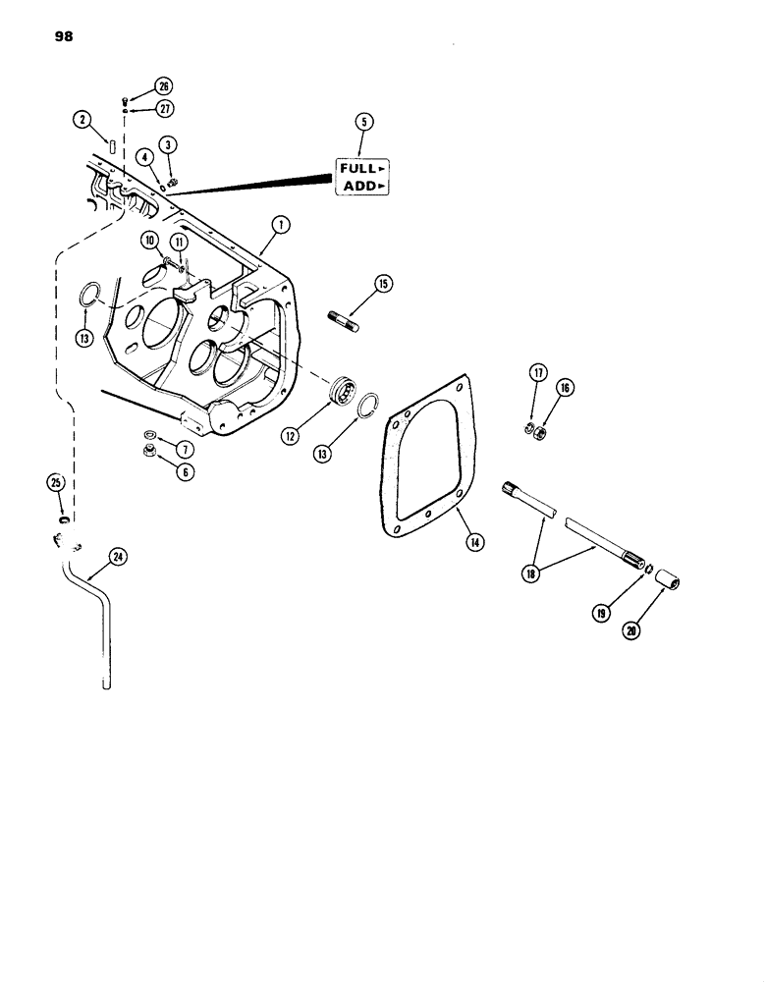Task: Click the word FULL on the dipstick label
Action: [x=359, y=168]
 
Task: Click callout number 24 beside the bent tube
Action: [x=119, y=558]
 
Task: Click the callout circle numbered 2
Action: [x=82, y=120]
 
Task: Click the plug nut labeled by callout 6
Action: [x=143, y=451]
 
